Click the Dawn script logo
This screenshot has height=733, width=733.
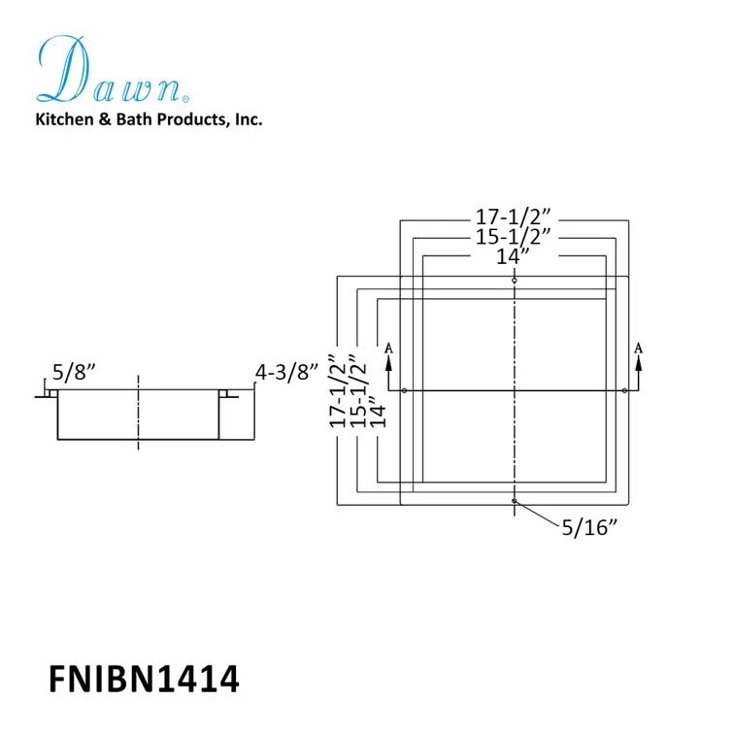pyautogui.click(x=113, y=69)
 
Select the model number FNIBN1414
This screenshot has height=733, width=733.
pyautogui.click(x=144, y=679)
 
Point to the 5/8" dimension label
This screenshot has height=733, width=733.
pyautogui.click(x=74, y=373)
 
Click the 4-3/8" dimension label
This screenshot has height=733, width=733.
pyautogui.click(x=286, y=373)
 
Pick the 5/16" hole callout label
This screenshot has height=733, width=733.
pyautogui.click(x=589, y=527)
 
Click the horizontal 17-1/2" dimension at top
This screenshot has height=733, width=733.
pyautogui.click(x=514, y=217)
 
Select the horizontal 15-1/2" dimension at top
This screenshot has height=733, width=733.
pyautogui.click(x=514, y=237)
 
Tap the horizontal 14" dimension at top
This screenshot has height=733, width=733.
pyautogui.click(x=513, y=256)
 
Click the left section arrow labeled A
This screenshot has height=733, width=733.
pyautogui.click(x=388, y=367)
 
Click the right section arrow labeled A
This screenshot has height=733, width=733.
pyautogui.click(x=639, y=367)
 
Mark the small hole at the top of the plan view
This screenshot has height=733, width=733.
pyautogui.click(x=515, y=281)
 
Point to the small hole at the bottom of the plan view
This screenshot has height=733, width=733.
pyautogui.click(x=515, y=501)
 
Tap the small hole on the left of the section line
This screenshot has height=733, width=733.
pyautogui.click(x=405, y=390)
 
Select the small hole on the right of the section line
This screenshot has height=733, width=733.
pyautogui.click(x=624, y=390)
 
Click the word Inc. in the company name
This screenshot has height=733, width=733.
pyautogui.click(x=249, y=119)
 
